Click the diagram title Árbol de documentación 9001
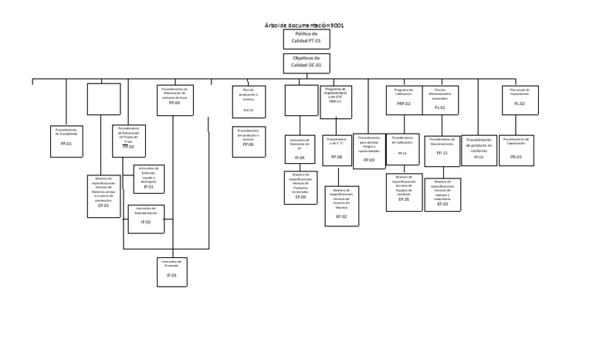(x=304, y=25)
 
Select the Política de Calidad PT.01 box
(x=306, y=39)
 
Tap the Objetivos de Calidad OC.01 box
(x=306, y=63)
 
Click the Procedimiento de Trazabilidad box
(x=66, y=141)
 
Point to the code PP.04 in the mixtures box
(x=175, y=103)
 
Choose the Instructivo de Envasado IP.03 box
(x=171, y=271)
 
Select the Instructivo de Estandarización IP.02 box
(x=146, y=218)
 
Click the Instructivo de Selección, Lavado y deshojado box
(x=149, y=178)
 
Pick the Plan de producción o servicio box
(x=249, y=101)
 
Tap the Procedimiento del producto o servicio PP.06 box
(x=248, y=141)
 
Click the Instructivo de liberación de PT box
(x=300, y=149)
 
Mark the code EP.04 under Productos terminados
(x=300, y=198)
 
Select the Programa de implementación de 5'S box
(x=336, y=101)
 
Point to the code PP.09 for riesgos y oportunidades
(x=369, y=160)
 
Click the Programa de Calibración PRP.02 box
(x=404, y=100)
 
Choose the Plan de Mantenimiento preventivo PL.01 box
(x=440, y=100)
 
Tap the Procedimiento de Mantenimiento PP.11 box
(x=442, y=151)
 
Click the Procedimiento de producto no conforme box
(x=479, y=149)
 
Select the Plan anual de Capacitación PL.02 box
(x=520, y=100)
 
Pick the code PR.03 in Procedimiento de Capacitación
(x=516, y=157)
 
